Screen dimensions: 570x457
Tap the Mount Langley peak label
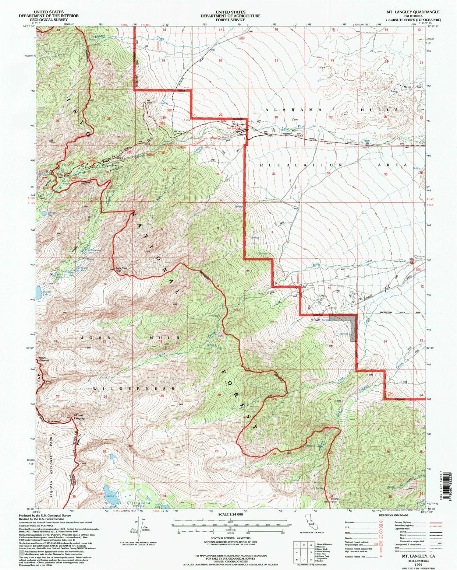click(78, 417)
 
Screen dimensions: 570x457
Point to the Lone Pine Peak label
click(121, 269)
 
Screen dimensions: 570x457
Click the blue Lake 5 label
click(110, 496)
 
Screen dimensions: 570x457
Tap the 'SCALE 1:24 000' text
click(231, 514)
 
